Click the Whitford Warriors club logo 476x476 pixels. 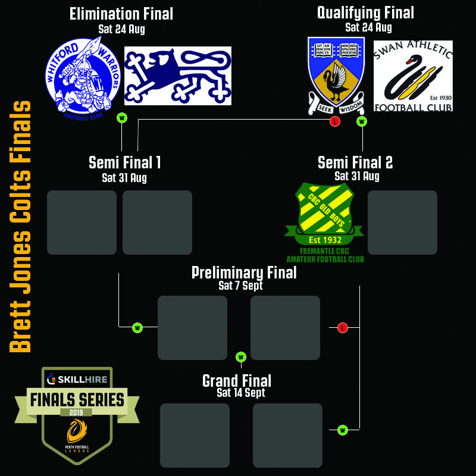83,76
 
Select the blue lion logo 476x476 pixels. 177,76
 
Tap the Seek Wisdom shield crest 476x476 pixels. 336,74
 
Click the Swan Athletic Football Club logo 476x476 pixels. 413,76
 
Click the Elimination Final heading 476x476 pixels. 121,14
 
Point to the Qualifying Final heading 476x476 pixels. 365,12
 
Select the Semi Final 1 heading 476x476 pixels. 125,162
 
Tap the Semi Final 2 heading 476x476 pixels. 355,162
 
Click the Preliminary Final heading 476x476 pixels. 244,273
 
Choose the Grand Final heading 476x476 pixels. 237,380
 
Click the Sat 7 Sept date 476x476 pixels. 240,286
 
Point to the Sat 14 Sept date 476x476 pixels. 241,393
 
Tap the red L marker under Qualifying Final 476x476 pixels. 335,122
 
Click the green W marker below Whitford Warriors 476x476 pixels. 122,118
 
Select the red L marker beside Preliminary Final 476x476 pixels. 342,328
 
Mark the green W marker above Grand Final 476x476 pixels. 241,357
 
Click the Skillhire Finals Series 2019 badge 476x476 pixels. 77,415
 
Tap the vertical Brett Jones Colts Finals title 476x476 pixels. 21,226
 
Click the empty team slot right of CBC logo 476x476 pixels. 402,223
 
